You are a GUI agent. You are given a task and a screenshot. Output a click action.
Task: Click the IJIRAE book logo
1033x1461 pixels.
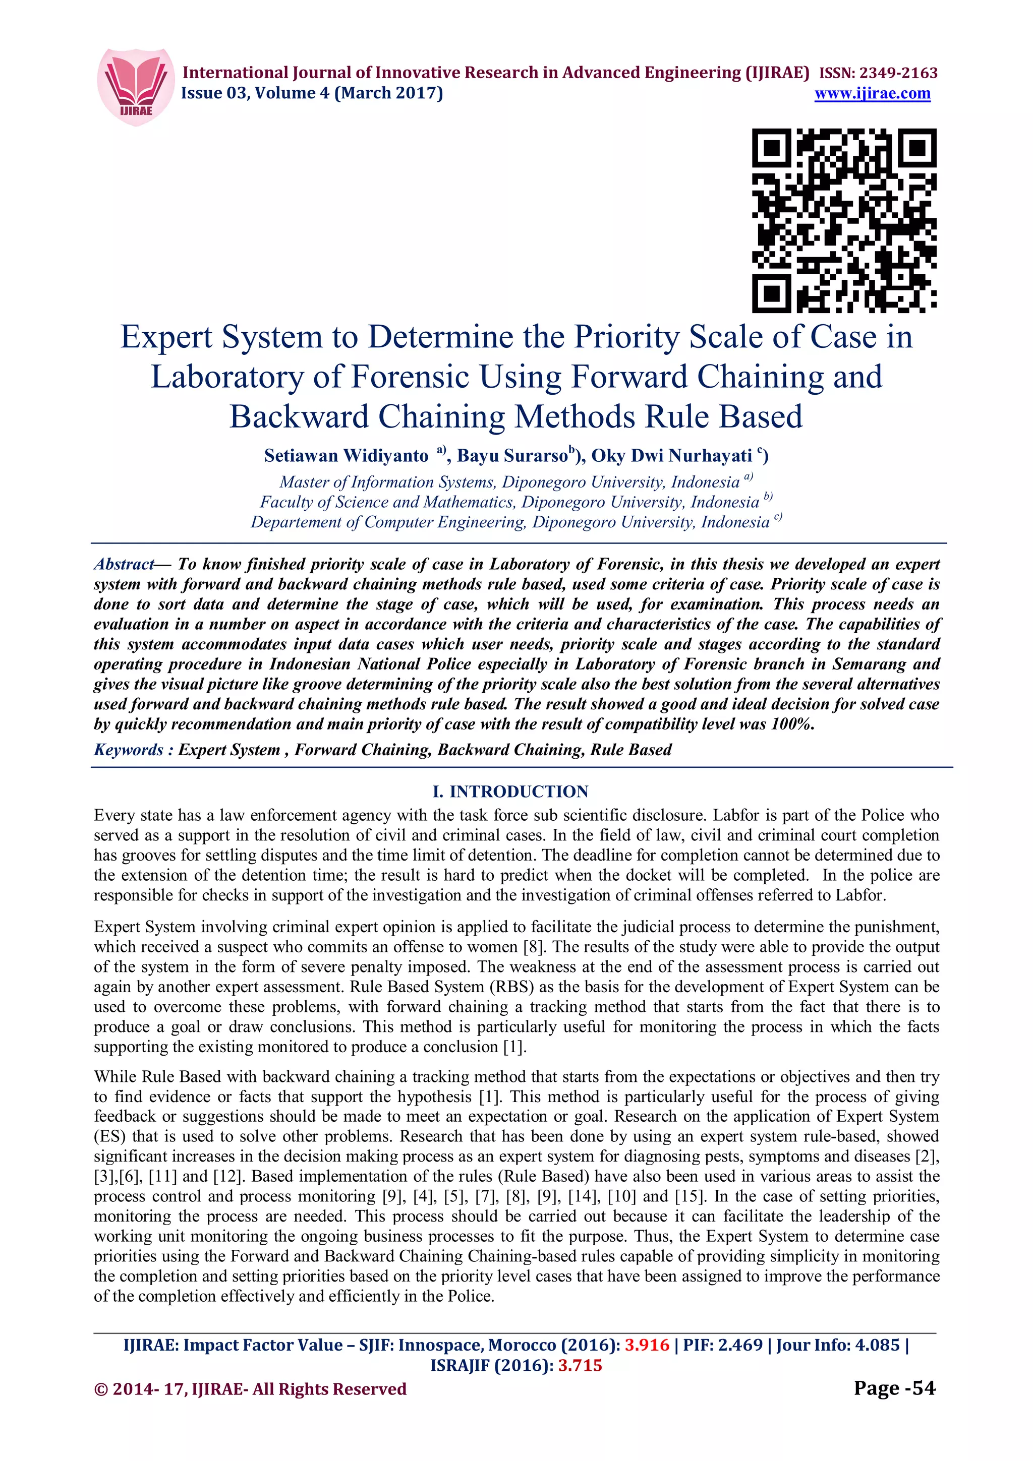135,87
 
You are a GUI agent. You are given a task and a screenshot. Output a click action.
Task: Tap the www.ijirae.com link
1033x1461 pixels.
872,94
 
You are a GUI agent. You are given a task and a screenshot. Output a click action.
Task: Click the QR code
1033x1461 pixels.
844,220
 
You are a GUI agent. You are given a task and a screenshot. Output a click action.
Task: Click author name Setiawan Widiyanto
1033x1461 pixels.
346,456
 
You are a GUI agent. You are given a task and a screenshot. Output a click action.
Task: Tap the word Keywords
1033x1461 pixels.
129,750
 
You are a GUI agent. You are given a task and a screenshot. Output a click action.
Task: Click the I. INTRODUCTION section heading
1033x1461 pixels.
510,792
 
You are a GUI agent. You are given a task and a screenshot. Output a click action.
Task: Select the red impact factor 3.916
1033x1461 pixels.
647,1345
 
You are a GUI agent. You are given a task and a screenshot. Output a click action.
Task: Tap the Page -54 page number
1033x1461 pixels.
894,1388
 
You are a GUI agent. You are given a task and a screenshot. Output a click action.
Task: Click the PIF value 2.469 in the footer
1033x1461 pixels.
740,1345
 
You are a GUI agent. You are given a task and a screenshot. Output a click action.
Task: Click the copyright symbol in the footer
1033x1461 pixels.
100,1389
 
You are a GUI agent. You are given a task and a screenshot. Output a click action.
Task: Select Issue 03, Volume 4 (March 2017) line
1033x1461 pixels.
312,94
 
